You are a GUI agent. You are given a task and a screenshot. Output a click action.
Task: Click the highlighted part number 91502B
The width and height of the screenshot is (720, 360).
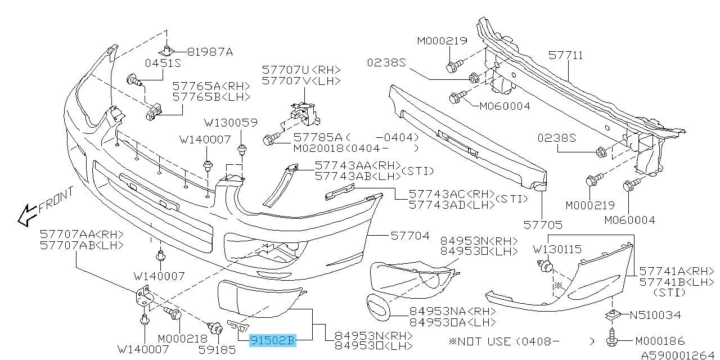(x=273, y=340)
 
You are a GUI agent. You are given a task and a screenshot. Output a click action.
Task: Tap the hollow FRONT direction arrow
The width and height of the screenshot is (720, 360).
(x=28, y=215)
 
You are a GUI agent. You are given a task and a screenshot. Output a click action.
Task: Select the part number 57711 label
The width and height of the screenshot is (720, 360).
(x=565, y=55)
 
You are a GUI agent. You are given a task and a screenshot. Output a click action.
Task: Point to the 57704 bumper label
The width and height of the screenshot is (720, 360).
(x=410, y=236)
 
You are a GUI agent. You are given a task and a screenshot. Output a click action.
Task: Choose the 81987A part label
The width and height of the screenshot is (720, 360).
(x=210, y=52)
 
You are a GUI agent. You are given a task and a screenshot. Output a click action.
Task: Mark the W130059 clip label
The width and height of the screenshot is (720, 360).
(x=231, y=123)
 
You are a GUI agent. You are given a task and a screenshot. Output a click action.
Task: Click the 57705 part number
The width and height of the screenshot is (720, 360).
(x=543, y=224)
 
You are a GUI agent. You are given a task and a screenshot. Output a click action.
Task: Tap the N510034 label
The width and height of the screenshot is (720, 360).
(x=655, y=314)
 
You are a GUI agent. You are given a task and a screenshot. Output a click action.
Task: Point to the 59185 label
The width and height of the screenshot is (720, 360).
(x=217, y=350)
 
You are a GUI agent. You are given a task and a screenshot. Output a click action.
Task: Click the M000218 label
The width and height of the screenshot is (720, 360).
(x=183, y=339)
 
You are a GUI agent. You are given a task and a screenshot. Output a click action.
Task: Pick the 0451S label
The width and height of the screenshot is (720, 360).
(x=163, y=63)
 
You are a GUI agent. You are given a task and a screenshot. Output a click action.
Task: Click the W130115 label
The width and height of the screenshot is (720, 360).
(x=557, y=249)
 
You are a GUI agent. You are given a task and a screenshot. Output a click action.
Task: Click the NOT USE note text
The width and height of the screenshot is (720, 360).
(x=484, y=341)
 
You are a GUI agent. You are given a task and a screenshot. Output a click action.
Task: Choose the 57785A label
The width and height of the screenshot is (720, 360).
(x=318, y=138)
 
